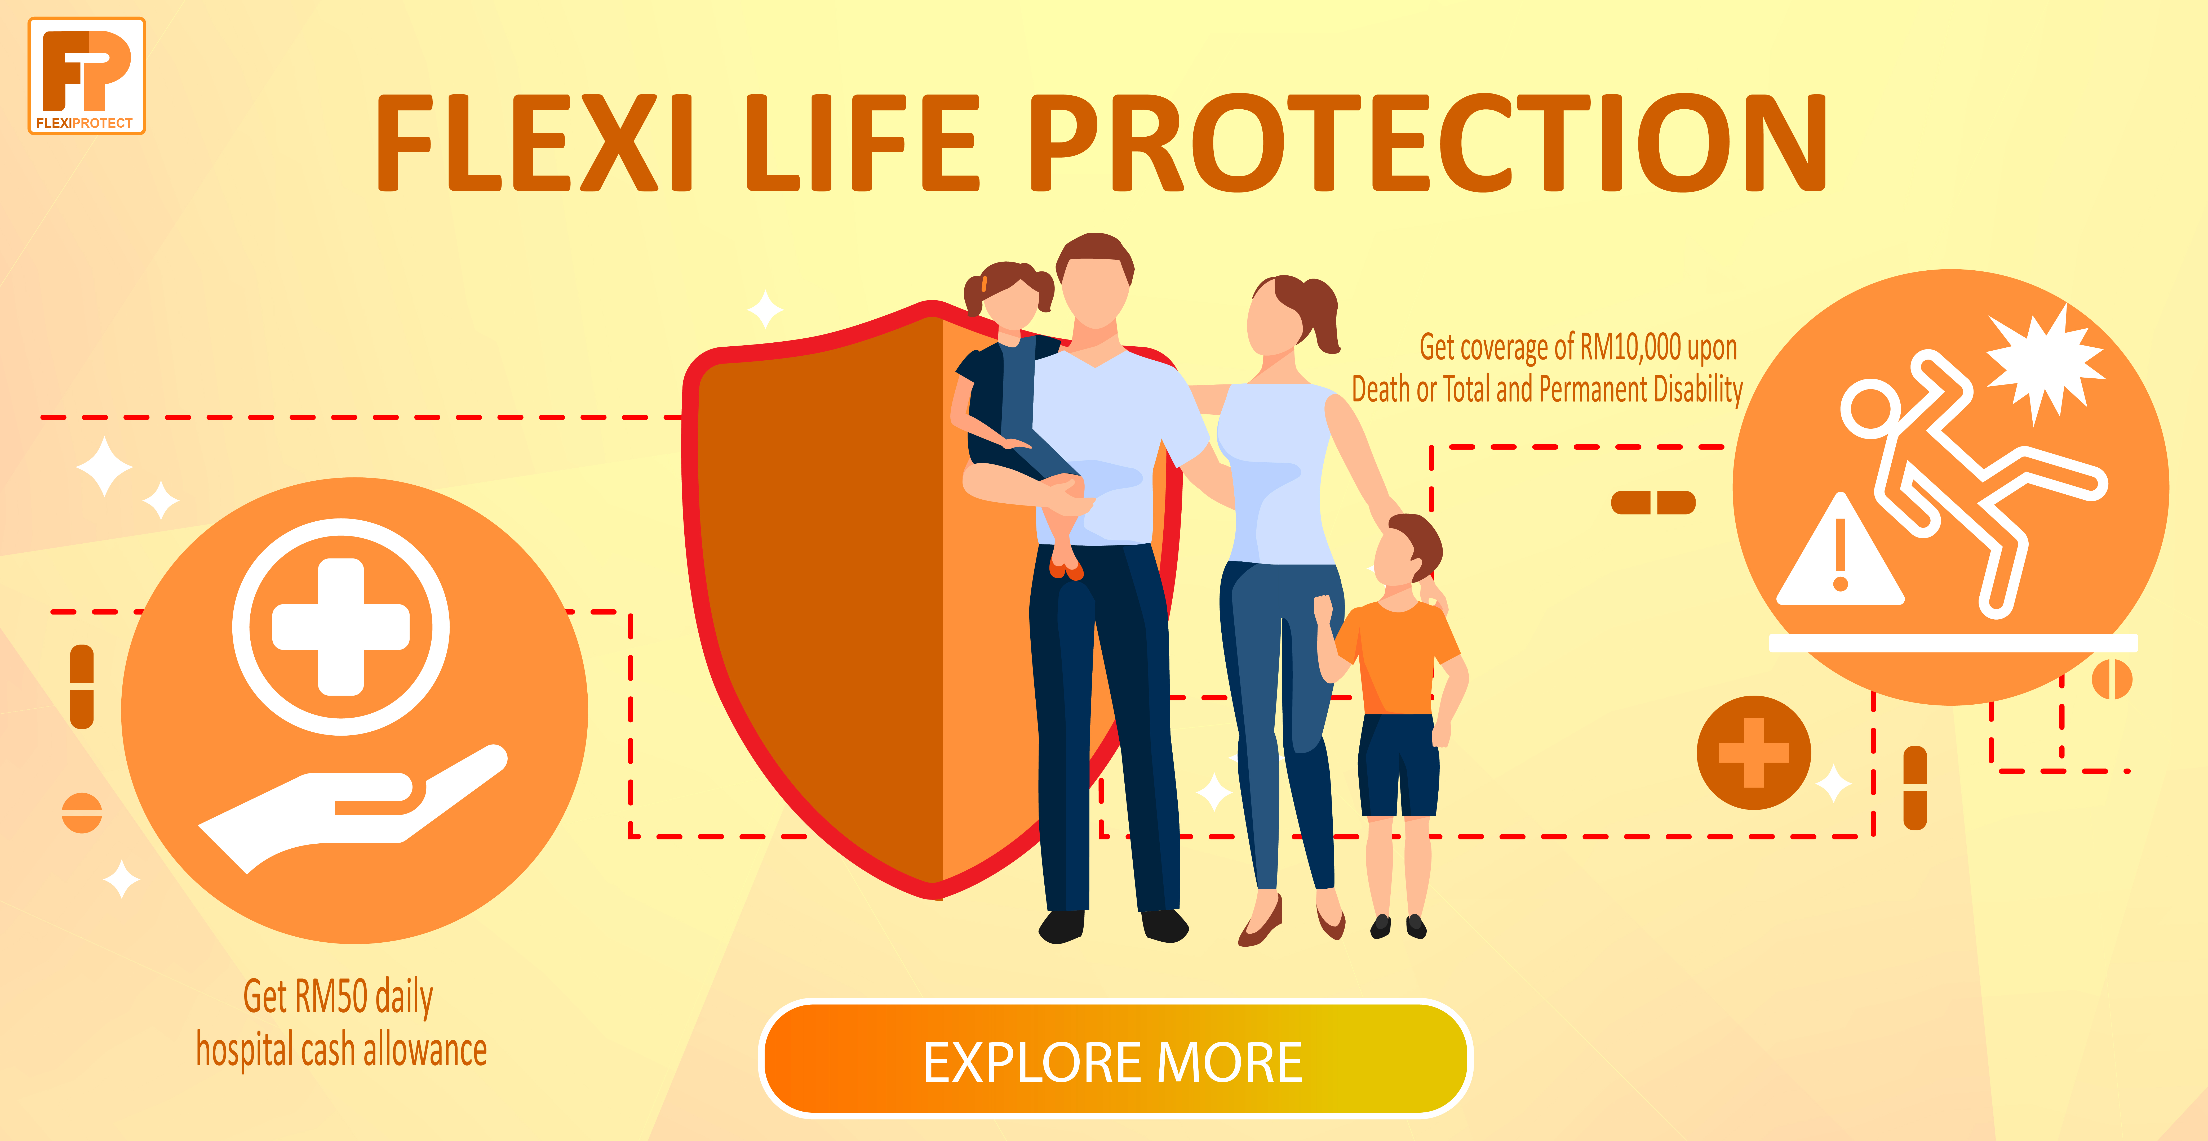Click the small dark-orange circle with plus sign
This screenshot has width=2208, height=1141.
click(x=1754, y=752)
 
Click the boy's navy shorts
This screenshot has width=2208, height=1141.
click(x=1399, y=765)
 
